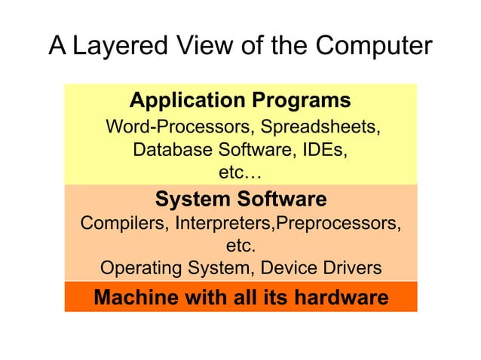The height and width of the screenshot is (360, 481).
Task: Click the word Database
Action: tap(171, 150)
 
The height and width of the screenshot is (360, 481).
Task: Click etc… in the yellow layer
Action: tap(240, 172)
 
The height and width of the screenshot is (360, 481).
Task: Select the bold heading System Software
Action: tap(240, 200)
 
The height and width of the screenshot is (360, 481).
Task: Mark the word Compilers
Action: tap(124, 224)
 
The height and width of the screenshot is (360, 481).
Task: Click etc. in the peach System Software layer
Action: tap(241, 246)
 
